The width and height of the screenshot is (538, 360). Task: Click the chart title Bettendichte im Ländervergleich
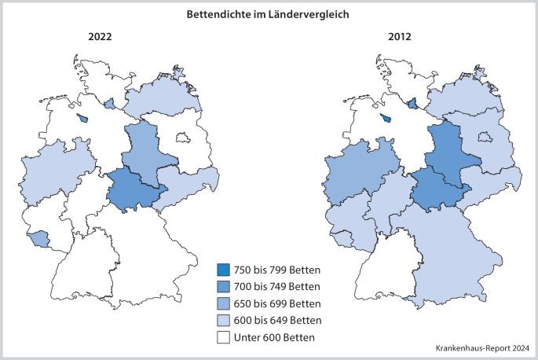(269, 14)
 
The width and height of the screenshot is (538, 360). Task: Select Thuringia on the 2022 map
(134, 190)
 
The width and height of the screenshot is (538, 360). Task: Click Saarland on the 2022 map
(37, 237)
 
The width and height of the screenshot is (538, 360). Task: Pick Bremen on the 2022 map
(83, 119)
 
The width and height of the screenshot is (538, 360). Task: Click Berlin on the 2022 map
(183, 138)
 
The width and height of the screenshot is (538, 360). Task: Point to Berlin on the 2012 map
(484, 138)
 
